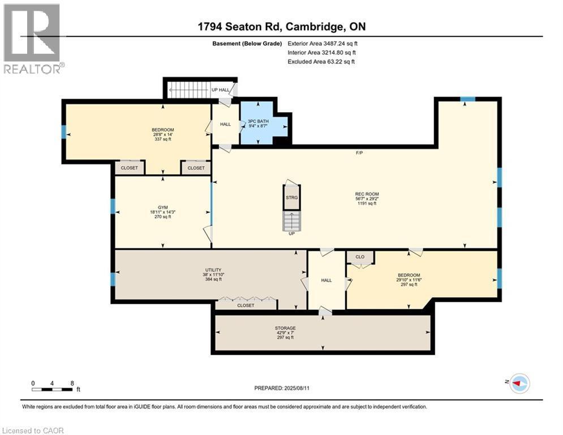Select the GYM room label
click(x=162, y=207)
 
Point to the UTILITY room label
click(x=213, y=270)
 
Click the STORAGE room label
click(x=285, y=327)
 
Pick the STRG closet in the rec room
click(x=291, y=198)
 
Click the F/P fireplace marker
click(x=359, y=153)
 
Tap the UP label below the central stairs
click(x=291, y=233)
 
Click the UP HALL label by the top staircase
click(x=220, y=90)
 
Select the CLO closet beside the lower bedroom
click(x=360, y=257)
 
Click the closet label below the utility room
click(x=246, y=305)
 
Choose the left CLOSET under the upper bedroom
click(x=130, y=168)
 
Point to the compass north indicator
click(x=519, y=383)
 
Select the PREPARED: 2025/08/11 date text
click(x=281, y=388)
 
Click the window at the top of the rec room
click(x=467, y=100)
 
